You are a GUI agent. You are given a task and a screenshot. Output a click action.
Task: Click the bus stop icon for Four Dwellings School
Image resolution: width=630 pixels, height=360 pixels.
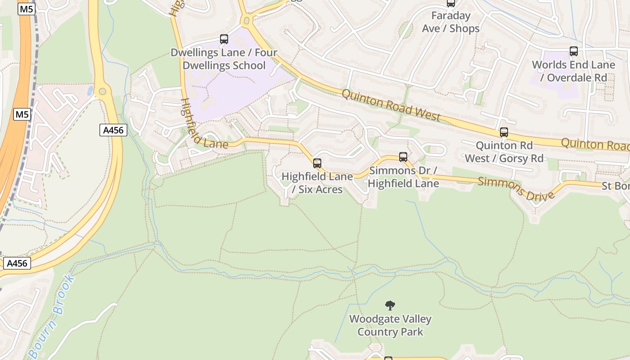[224, 39]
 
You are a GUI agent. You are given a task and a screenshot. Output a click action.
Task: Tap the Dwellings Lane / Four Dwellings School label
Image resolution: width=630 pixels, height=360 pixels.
[224, 59]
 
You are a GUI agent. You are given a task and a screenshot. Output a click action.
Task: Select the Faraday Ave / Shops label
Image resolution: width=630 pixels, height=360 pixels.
[451, 22]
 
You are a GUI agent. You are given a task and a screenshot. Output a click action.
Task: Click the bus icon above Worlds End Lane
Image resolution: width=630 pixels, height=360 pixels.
[573, 51]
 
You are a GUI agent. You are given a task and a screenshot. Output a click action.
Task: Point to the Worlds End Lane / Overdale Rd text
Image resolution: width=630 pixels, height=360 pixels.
[573, 71]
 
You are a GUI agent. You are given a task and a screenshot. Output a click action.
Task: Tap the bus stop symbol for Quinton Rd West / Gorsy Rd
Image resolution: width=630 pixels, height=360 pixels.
[504, 132]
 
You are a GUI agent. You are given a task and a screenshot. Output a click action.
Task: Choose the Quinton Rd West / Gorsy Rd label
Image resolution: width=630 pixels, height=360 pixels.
[504, 152]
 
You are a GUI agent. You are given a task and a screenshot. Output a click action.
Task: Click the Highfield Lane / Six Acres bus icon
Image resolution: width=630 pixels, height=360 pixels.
[317, 163]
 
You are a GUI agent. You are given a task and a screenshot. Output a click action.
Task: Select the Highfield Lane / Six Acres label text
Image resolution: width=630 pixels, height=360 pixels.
[317, 183]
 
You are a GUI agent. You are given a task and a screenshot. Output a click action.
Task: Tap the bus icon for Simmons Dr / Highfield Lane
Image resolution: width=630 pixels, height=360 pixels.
[403, 157]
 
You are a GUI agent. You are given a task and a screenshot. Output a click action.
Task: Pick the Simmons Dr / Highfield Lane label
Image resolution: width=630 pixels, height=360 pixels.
[403, 177]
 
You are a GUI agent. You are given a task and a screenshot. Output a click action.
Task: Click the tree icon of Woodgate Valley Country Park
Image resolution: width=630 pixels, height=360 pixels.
[390, 306]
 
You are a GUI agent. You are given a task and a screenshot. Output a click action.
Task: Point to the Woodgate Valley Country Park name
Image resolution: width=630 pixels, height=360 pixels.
[390, 325]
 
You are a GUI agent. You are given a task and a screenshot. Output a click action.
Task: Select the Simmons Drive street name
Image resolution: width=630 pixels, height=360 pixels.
[516, 189]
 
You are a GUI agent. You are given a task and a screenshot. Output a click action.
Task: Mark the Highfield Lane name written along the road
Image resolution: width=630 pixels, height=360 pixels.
[204, 124]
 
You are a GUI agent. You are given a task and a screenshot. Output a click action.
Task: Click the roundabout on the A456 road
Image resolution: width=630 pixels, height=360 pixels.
[103, 91]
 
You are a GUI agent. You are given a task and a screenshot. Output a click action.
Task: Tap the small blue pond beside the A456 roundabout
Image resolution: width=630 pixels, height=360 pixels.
[90, 90]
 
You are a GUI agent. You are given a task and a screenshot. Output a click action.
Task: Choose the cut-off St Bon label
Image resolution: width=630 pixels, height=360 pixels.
[615, 186]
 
